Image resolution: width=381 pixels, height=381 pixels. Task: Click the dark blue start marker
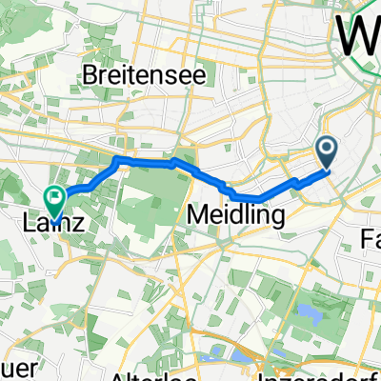pyautogui.click(x=327, y=150)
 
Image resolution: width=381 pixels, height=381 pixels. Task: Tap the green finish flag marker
pyautogui.click(x=54, y=201)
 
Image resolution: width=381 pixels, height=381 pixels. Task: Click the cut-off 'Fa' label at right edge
pyautogui.click(x=369, y=231)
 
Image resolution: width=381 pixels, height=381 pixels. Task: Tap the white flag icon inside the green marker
pyautogui.click(x=54, y=199)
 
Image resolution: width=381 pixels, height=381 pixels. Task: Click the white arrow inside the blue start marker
pyautogui.click(x=327, y=148)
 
